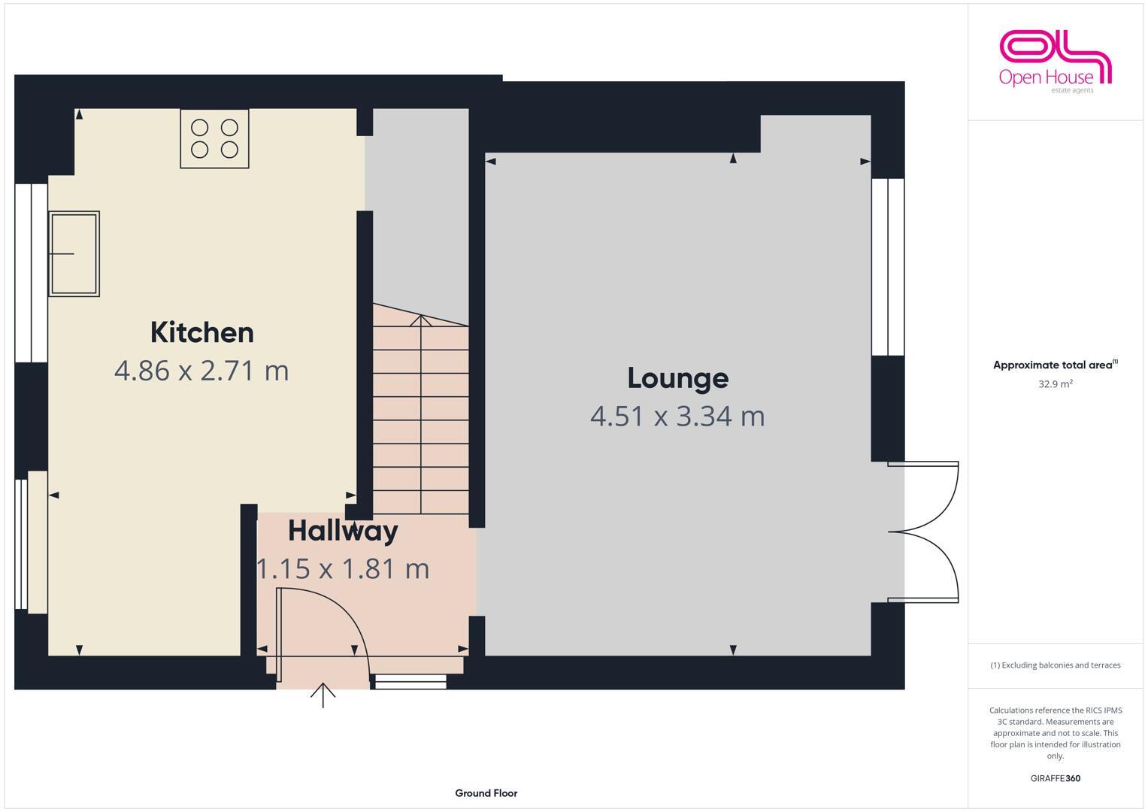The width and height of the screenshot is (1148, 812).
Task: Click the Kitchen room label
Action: point(201,332)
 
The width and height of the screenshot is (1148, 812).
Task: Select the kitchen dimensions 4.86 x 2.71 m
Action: point(201,371)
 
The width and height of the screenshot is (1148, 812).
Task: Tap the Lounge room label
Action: point(677,377)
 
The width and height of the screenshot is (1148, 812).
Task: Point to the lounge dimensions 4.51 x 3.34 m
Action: point(677,416)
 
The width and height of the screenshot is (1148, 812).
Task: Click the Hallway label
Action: point(343,531)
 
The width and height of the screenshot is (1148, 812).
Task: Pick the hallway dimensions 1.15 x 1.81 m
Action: point(343,568)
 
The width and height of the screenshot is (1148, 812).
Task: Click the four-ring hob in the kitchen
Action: point(214,138)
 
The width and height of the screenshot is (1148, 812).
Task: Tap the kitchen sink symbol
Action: point(74,253)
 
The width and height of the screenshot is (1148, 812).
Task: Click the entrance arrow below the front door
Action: point(323,695)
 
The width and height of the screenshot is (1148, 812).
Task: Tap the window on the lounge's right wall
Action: point(888,267)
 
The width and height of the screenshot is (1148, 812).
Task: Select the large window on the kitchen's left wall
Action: point(31,272)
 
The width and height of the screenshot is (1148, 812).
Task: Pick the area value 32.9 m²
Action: point(1055,384)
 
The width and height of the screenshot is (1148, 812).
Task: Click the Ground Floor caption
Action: point(486,793)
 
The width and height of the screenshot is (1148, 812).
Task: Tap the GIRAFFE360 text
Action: point(1055,779)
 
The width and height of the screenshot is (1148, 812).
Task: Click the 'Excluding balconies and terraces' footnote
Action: point(1055,665)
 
